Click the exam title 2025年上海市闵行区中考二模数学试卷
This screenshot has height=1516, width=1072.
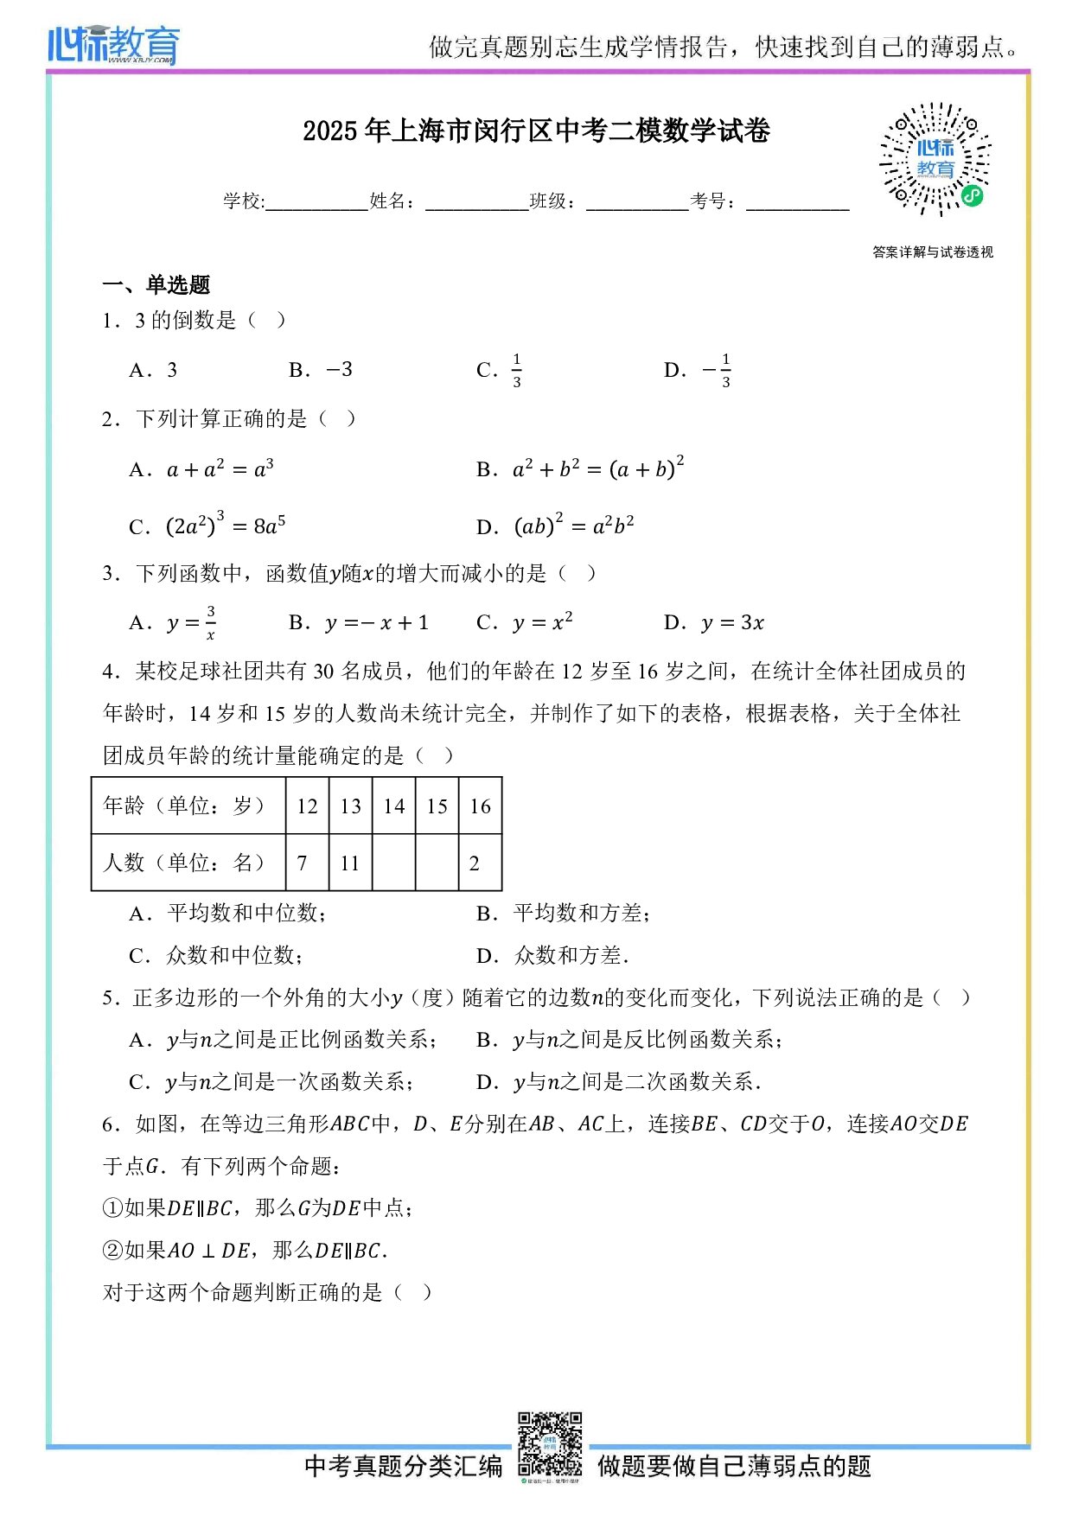pos(536,131)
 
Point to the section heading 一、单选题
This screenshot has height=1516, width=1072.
pos(156,284)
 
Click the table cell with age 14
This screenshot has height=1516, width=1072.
pos(394,806)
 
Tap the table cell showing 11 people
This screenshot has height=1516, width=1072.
pos(350,863)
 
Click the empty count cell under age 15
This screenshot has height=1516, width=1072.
pos(437,863)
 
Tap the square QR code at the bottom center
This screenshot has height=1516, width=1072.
pos(550,1443)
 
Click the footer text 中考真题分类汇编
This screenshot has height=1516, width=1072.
pos(403,1466)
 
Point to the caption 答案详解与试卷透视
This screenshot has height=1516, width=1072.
pos(933,252)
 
